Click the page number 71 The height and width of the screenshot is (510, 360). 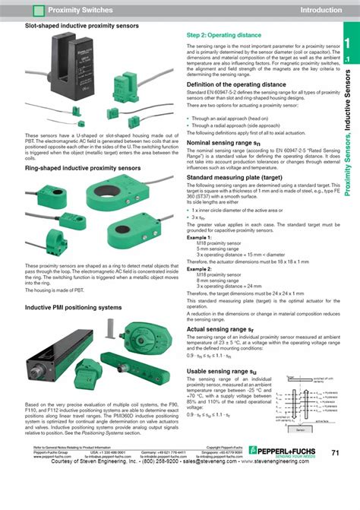[x=335, y=474]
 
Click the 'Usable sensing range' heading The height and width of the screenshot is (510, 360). [x=228, y=370]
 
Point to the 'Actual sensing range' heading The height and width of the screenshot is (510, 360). [x=226, y=329]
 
